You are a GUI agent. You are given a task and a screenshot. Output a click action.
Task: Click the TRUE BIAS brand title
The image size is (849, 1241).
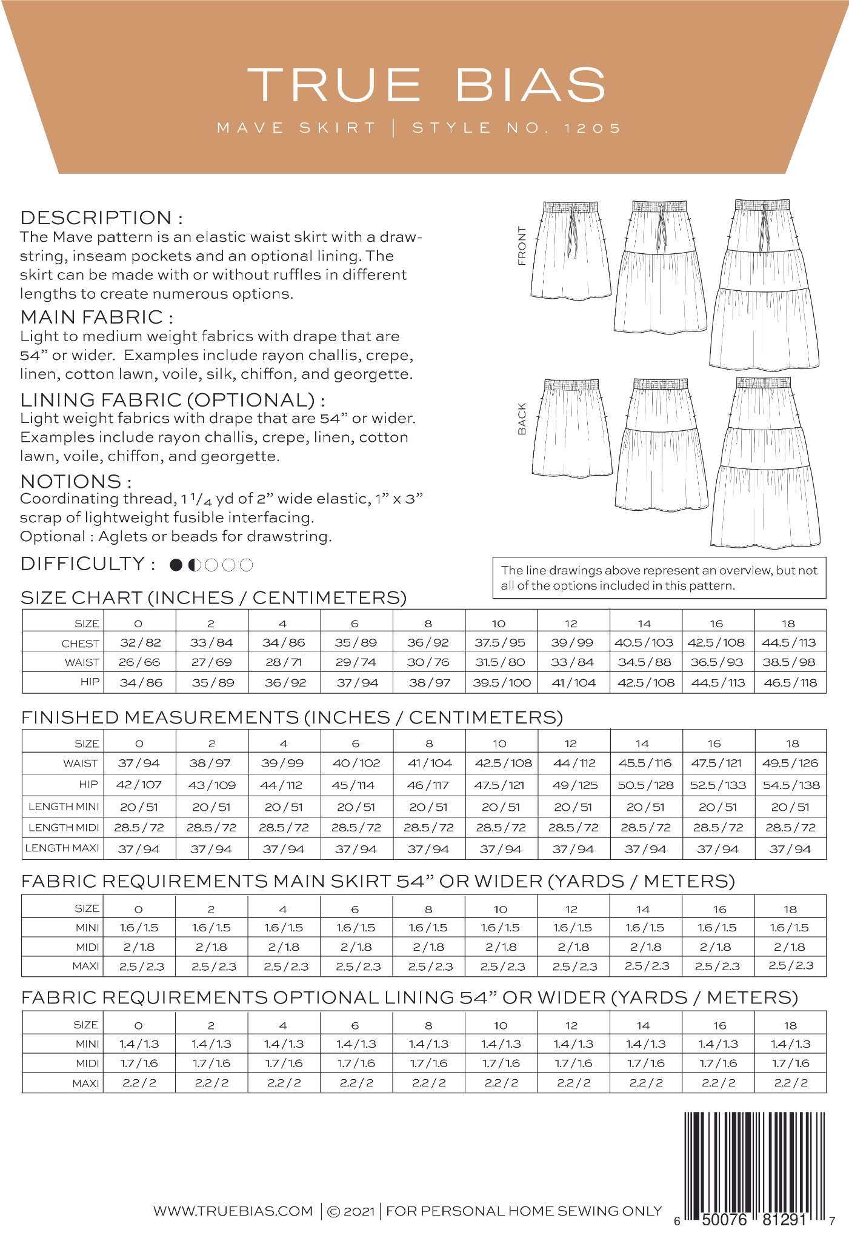point(427,84)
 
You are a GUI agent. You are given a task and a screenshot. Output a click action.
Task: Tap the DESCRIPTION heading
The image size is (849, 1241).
point(101,218)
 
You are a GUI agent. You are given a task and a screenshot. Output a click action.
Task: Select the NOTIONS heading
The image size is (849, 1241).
point(76,481)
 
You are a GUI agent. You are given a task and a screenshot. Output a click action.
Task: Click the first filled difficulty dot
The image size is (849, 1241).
point(176,565)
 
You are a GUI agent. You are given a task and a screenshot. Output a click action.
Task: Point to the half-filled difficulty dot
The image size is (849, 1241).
point(194,565)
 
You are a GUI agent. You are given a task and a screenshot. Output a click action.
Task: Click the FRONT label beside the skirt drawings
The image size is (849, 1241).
point(522,246)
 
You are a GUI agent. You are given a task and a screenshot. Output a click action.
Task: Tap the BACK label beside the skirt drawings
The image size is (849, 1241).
point(522,419)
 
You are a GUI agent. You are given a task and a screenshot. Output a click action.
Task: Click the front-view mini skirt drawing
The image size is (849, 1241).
point(570,251)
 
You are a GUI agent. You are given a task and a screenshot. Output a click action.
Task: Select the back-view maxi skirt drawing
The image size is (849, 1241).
point(766,463)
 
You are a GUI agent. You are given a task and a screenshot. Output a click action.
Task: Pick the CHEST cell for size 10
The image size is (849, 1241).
point(501,642)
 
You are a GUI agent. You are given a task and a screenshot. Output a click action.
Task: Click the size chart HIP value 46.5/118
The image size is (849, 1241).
point(790,682)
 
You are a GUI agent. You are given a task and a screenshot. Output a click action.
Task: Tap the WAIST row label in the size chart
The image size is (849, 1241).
point(82,662)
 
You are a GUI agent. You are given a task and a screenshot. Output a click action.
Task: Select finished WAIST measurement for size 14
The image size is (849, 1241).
point(645,763)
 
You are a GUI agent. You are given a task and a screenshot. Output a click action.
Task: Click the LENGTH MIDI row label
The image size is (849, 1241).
point(64,827)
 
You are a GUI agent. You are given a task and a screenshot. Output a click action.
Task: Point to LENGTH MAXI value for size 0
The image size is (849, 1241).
point(139,849)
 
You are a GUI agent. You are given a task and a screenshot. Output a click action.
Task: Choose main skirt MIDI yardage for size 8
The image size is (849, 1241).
point(428,947)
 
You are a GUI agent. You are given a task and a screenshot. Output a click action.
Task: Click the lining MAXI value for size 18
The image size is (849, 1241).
point(790,1083)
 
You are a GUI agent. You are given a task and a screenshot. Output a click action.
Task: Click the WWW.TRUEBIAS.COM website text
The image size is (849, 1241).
point(233,1211)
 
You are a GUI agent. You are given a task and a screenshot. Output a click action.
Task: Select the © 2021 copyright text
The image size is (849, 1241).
point(351,1211)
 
